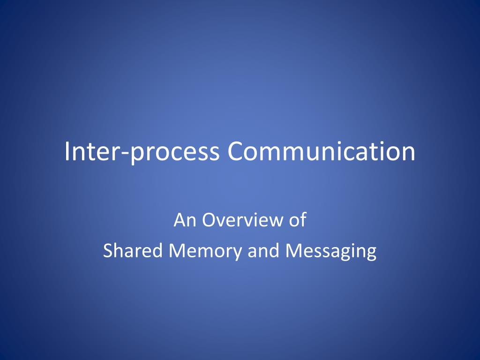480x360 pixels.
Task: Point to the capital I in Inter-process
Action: coord(67,152)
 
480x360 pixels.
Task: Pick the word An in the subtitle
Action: coord(183,220)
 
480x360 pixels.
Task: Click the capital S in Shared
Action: coord(107,251)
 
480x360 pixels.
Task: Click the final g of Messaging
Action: coord(371,254)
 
